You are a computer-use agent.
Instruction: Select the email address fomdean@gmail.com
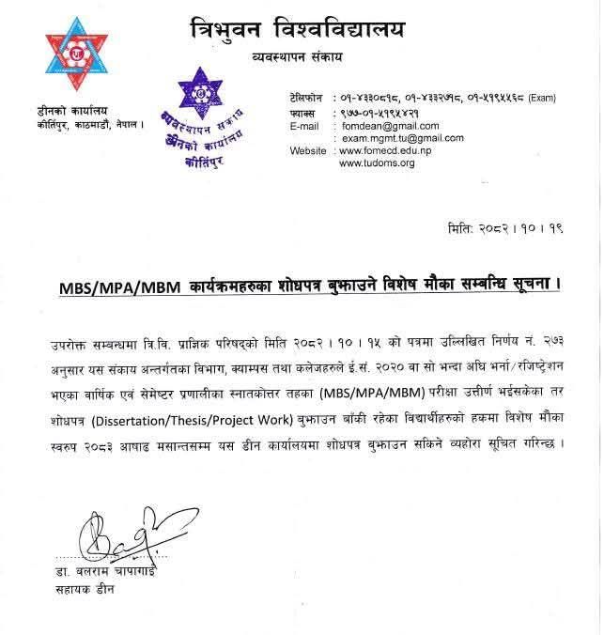[376, 125]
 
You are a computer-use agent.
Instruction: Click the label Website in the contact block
[307, 150]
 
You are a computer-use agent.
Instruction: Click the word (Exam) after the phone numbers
[546, 99]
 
